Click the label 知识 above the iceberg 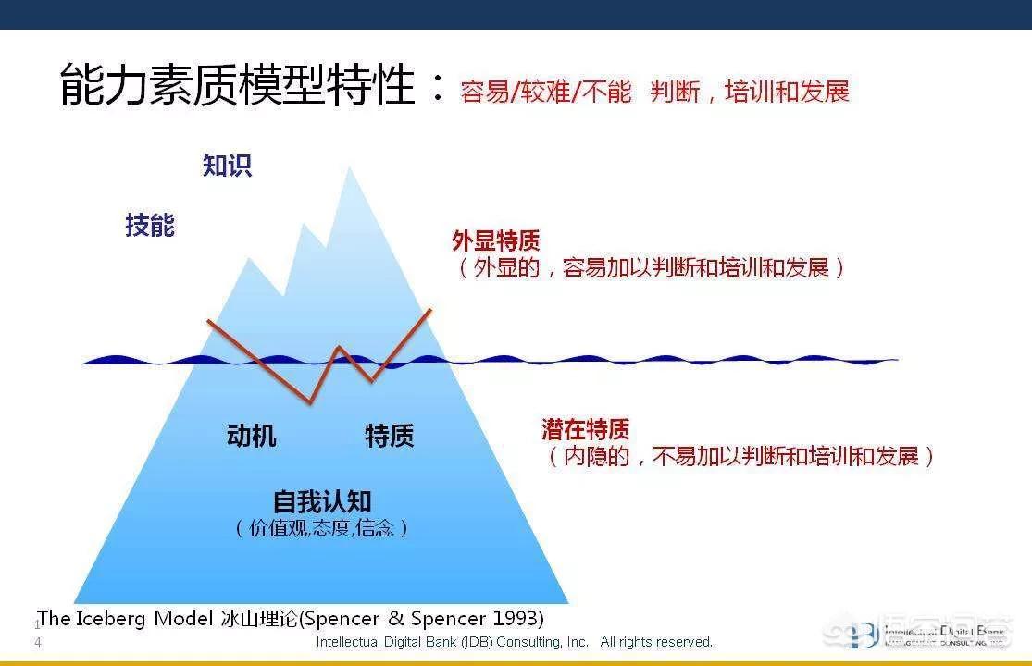[227, 166]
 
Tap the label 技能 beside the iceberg [150, 225]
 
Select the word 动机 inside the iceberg [251, 436]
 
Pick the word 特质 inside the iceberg [389, 436]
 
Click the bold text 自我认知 [321, 501]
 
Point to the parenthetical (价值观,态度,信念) [321, 528]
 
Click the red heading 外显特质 [495, 241]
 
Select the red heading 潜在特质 [585, 429]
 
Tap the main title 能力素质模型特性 [238, 85]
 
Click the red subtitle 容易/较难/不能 [545, 92]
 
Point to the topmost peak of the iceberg [349, 169]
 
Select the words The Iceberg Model [125, 618]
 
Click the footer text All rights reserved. [656, 642]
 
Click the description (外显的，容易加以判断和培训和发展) [650, 268]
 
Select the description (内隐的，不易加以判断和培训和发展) [740, 456]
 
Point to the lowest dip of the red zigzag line [309, 402]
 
